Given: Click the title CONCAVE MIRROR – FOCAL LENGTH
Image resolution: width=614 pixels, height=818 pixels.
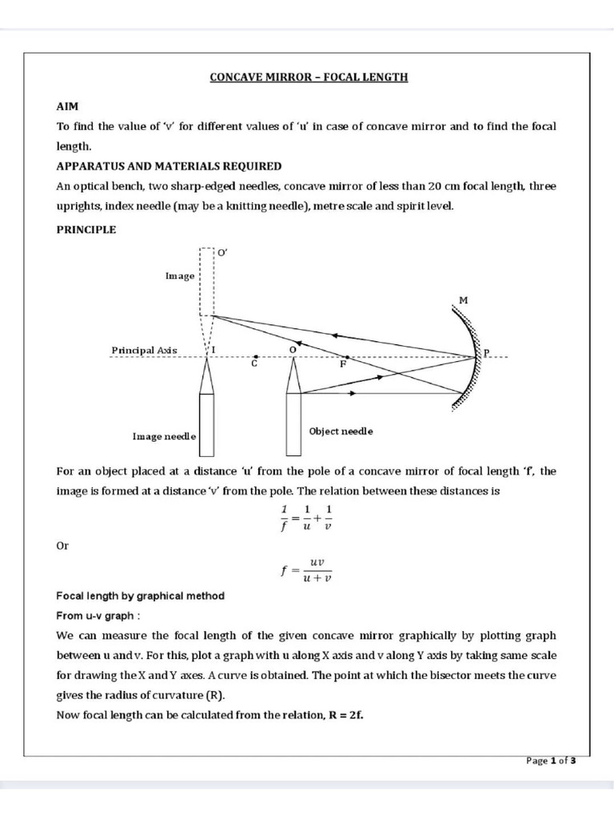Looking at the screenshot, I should (x=309, y=77).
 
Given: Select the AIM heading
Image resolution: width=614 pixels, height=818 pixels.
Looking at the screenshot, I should (x=67, y=106).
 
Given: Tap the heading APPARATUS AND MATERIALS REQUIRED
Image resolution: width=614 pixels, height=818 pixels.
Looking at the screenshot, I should (x=168, y=166).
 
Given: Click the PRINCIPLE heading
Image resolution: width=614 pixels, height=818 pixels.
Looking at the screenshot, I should (x=86, y=229).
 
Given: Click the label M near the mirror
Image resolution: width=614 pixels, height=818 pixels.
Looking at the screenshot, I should (x=462, y=300).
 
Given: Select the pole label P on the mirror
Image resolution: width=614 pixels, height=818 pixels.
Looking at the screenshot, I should (x=486, y=352).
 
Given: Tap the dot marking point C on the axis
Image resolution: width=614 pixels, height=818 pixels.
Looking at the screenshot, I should (x=253, y=357).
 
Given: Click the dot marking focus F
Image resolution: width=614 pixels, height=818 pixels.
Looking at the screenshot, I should (x=346, y=357).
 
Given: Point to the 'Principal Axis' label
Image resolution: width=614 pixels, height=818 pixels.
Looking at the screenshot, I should (x=144, y=351).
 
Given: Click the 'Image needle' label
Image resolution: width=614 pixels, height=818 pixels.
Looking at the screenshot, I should (x=164, y=437).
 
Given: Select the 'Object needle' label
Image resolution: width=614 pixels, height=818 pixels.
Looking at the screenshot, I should (x=341, y=431).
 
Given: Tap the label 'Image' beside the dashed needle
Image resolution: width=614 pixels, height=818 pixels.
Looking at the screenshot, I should (x=179, y=276).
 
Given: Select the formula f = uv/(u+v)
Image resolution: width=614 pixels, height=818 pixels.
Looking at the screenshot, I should (x=307, y=570).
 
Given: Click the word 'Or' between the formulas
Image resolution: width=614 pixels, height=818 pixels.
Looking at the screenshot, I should (x=62, y=545).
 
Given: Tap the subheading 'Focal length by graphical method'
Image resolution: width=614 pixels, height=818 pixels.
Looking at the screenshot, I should (x=140, y=596).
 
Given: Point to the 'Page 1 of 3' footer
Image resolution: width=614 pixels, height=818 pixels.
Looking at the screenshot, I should (x=551, y=760).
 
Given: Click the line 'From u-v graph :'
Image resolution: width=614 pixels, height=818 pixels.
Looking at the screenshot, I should (x=98, y=616).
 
